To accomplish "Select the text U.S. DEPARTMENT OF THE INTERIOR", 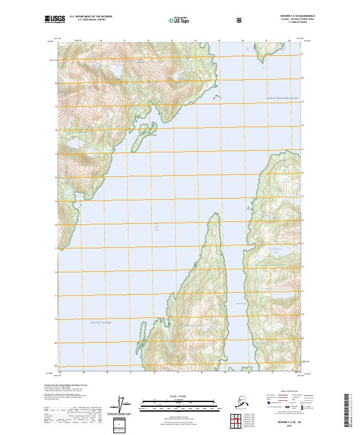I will (91, 17).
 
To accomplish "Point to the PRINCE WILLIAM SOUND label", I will (282, 98).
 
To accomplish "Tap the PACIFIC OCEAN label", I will (101, 323).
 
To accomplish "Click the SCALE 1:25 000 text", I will (179, 395).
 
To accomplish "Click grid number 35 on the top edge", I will (219, 41).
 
